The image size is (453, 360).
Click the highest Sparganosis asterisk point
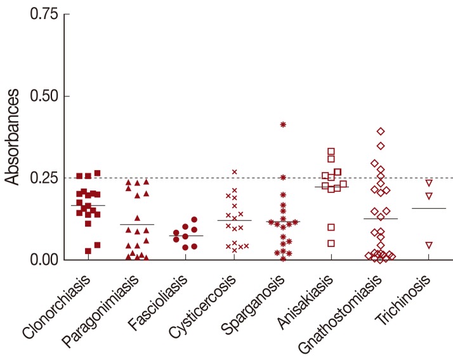283,124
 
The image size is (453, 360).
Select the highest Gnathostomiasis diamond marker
381,131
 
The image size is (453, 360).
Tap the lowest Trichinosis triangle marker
429,245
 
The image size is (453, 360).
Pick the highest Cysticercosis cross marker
234,172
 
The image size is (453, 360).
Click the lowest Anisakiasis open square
331,243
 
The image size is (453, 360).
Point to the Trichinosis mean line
429,208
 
